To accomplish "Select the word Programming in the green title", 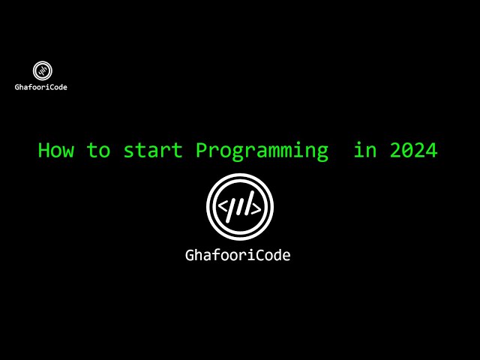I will pos(262,151).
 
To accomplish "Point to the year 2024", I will pos(413,150).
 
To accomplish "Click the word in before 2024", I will pos(365,150).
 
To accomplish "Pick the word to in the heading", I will pos(98,150).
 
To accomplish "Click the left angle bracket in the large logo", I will pos(222,208).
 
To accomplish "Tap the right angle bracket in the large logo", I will pos(256,208).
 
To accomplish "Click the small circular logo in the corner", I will pos(43,70).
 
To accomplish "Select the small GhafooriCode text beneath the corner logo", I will pos(41,87).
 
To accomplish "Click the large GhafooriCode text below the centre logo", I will pos(238,255).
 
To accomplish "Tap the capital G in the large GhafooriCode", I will pos(190,255).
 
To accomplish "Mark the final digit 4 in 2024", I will pos(431,150).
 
